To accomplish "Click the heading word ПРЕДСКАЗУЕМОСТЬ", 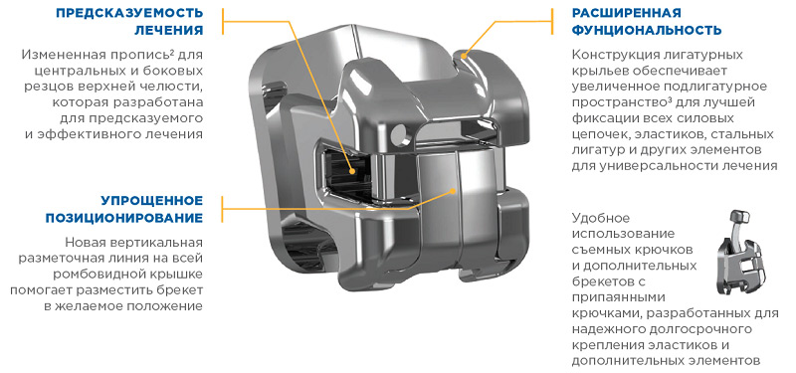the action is click(129, 12).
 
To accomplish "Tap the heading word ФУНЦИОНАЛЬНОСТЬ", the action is click(647, 30).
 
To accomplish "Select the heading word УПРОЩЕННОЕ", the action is click(152, 200).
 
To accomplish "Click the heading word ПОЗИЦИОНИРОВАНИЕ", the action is click(124, 218).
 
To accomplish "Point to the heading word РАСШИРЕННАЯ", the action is click(626, 12).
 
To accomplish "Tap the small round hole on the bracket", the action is click(399, 133).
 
